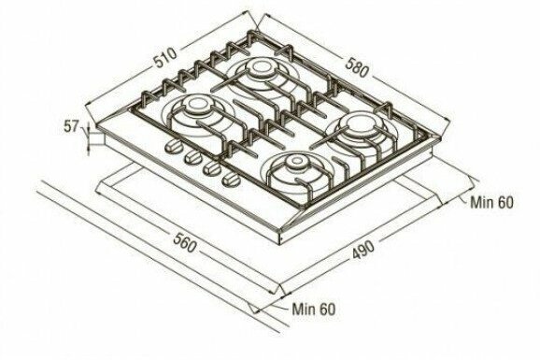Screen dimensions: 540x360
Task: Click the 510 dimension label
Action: click(165, 57)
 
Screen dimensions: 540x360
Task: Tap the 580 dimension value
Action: click(357, 67)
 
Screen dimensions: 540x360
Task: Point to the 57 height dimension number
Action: click(71, 126)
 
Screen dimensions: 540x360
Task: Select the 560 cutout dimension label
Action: click(185, 242)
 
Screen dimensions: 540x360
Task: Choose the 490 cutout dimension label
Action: click(362, 250)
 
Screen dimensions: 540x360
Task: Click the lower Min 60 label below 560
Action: click(313, 309)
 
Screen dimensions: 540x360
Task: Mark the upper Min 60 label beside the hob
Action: click(491, 202)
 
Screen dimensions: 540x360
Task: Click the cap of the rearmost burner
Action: click(258, 67)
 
